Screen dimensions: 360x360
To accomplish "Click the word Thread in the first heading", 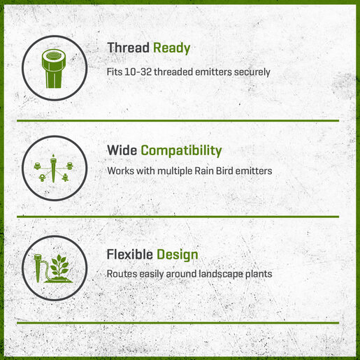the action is (x=128, y=48).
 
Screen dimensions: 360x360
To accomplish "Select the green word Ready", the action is (x=172, y=48).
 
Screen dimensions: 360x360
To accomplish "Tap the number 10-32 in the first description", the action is (x=138, y=72).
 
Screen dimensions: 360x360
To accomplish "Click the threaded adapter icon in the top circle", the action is (x=54, y=69).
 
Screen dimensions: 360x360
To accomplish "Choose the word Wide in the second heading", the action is (x=122, y=150).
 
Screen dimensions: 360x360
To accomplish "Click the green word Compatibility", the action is (x=181, y=151).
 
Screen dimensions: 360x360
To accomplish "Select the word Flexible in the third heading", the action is (x=130, y=254).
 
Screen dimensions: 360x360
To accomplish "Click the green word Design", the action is (x=178, y=254).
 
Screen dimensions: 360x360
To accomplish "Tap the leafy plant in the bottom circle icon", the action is (x=59, y=268).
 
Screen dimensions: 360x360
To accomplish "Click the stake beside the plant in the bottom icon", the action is (x=38, y=268).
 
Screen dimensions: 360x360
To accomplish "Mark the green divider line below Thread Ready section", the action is (x=178, y=121).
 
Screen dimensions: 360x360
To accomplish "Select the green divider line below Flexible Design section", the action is (x=178, y=323).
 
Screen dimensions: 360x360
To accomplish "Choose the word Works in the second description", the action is (x=121, y=171).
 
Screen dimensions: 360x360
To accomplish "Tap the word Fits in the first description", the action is (x=115, y=72).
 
